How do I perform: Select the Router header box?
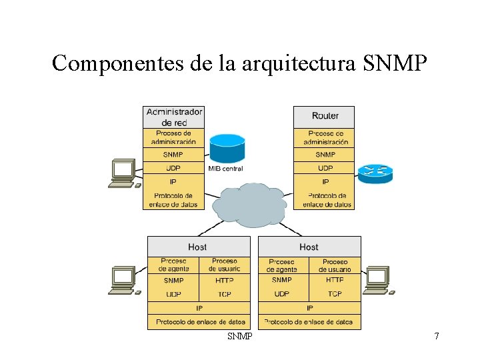(x=325, y=117)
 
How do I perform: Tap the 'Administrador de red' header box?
(x=174, y=117)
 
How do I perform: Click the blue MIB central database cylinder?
(x=227, y=148)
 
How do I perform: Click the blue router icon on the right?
(x=375, y=171)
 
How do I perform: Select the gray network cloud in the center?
(x=250, y=203)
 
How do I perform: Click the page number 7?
(x=437, y=337)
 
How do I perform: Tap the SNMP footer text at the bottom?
(x=240, y=337)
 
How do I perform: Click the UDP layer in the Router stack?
(x=325, y=168)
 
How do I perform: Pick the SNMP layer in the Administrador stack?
(x=174, y=155)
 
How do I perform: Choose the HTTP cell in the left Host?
(x=224, y=281)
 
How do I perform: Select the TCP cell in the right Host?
(x=335, y=294)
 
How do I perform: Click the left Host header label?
(x=198, y=247)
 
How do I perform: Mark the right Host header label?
(x=309, y=247)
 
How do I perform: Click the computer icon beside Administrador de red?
(x=124, y=173)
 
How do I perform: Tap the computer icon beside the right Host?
(x=378, y=281)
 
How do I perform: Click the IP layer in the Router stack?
(x=325, y=181)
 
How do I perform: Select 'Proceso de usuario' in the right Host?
(x=335, y=265)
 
